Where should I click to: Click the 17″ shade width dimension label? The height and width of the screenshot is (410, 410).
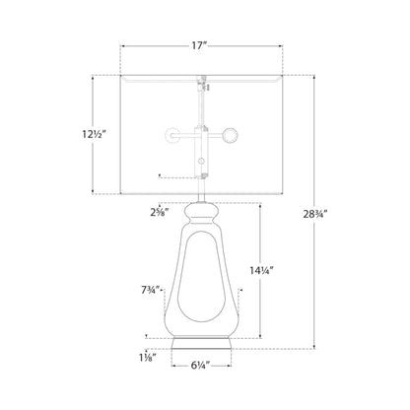(x=199, y=45)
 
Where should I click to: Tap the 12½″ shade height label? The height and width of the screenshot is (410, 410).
(x=95, y=134)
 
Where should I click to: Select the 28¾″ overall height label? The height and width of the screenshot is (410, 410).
(x=315, y=214)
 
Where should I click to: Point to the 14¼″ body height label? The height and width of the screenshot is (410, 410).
(x=262, y=270)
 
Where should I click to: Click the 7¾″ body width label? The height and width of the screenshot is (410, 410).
(x=150, y=290)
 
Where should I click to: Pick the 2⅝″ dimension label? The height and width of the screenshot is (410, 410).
(x=160, y=213)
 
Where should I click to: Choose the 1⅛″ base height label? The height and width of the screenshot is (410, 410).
(x=147, y=357)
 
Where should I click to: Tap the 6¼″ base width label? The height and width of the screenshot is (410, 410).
(x=200, y=365)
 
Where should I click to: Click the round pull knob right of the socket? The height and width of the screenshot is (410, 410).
(x=230, y=135)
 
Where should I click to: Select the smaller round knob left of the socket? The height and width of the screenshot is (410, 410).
(x=171, y=135)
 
